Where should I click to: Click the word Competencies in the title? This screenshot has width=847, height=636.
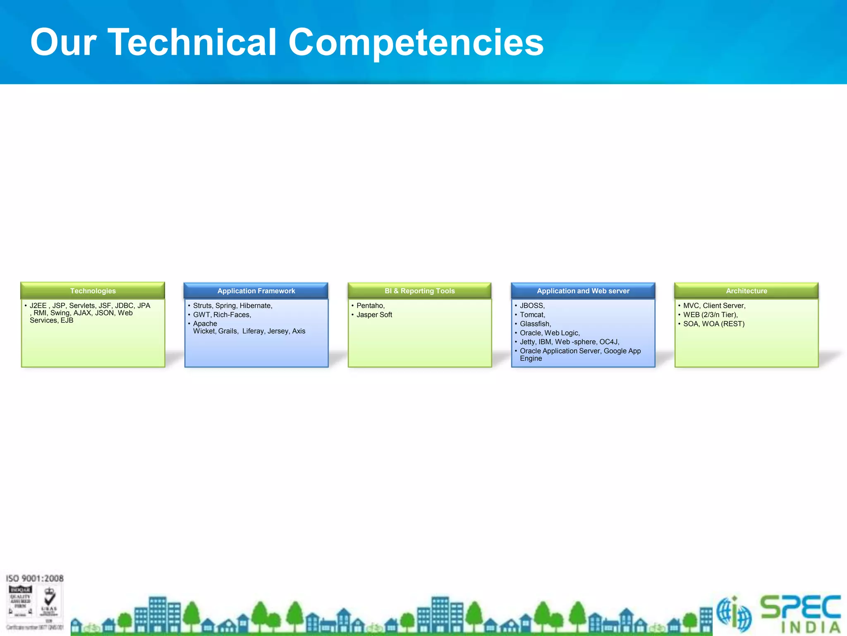[416, 43]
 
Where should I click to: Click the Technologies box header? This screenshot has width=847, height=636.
[93, 291]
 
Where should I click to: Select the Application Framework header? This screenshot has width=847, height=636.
[256, 291]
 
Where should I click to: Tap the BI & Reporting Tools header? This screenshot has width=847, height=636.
[419, 291]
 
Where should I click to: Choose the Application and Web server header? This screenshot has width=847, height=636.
[583, 291]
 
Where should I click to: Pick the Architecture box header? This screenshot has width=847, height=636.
[746, 291]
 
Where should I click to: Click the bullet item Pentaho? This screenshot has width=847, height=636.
[370, 306]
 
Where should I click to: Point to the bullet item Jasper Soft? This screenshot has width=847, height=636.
[374, 315]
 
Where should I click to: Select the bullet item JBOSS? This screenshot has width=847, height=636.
[532, 306]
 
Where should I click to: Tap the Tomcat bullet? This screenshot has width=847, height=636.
[532, 315]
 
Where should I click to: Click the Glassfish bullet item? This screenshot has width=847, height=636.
[535, 324]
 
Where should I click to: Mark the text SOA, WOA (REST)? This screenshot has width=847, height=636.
[713, 324]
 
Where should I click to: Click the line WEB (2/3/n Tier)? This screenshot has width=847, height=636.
[710, 315]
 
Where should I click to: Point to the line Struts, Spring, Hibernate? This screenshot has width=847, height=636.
[232, 306]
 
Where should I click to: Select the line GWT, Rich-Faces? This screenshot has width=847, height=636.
[222, 315]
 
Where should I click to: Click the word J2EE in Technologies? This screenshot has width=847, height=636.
[38, 306]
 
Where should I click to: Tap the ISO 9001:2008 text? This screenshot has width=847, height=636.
[35, 578]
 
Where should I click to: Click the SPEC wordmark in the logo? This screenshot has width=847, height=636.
[800, 607]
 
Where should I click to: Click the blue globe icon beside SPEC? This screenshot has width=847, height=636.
[734, 614]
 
